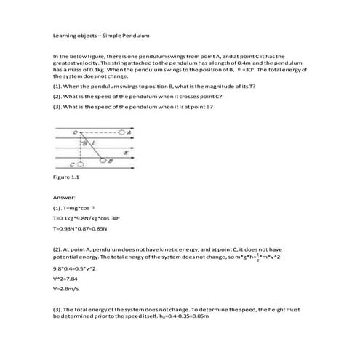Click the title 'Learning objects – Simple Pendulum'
click(x=87, y=34)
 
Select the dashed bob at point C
click(x=81, y=164)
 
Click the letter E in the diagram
click(x=126, y=153)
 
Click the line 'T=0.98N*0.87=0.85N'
click(x=80, y=229)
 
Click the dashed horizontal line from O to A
click(x=98, y=133)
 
